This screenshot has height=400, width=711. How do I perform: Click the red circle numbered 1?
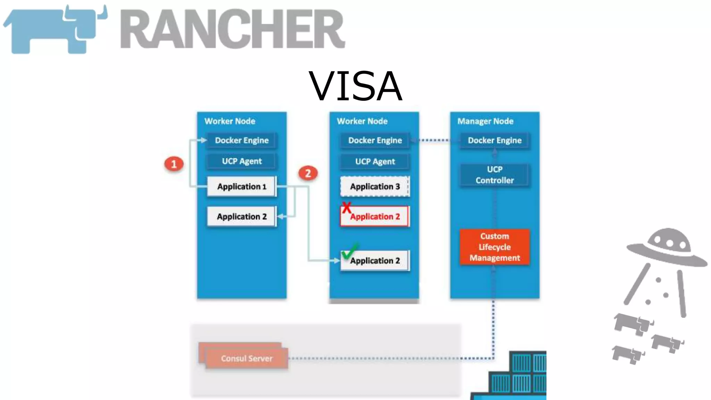coord(174,164)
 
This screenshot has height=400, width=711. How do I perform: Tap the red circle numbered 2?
coord(308,173)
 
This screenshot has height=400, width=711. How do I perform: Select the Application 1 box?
coord(242,186)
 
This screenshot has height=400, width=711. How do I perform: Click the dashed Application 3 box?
coord(375,186)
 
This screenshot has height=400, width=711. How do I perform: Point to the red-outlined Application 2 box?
coord(375,217)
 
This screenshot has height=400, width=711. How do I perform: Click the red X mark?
coord(346,208)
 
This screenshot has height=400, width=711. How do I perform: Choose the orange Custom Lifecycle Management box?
coord(495,247)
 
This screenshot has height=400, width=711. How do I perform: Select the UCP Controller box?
coord(495,175)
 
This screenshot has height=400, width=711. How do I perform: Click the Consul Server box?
coord(246,358)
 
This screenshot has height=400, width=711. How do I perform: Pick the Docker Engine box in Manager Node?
coord(495,140)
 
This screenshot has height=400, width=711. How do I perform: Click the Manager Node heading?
coord(485,121)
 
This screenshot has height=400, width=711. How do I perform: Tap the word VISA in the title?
coord(355,86)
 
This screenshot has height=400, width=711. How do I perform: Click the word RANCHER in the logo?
coord(232,29)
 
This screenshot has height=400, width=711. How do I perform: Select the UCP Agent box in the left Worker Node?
coord(242,161)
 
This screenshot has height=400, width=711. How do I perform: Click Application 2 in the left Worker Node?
coord(242,217)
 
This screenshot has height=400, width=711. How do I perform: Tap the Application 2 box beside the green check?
coord(375,261)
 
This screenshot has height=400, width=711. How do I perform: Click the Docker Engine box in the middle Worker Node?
coord(375,140)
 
